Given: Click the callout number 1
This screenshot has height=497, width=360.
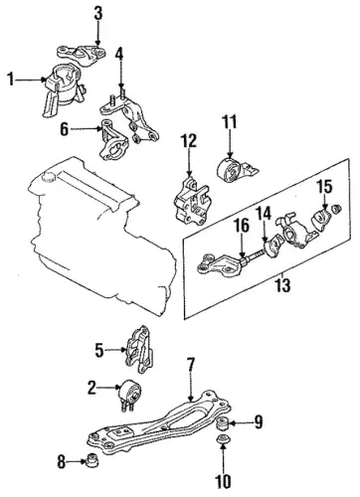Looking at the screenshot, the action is click(11, 80).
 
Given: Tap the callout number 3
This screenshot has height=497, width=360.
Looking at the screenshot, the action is click(97, 14).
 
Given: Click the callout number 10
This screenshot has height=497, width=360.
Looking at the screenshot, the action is click(223, 481).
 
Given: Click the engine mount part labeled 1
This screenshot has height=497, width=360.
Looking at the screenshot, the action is click(63, 89).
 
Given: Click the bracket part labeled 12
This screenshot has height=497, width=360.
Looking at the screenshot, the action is click(192, 201).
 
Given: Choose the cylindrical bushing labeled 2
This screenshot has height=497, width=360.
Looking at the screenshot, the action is click(129, 395).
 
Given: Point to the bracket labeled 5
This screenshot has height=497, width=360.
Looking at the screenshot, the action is click(140, 349).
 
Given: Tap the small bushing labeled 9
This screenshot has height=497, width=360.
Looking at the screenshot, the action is click(222, 423).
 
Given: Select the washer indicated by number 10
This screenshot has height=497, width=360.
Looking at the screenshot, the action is click(223, 440).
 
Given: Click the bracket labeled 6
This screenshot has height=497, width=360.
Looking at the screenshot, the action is click(112, 141).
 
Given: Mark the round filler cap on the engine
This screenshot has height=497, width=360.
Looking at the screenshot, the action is click(47, 177).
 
